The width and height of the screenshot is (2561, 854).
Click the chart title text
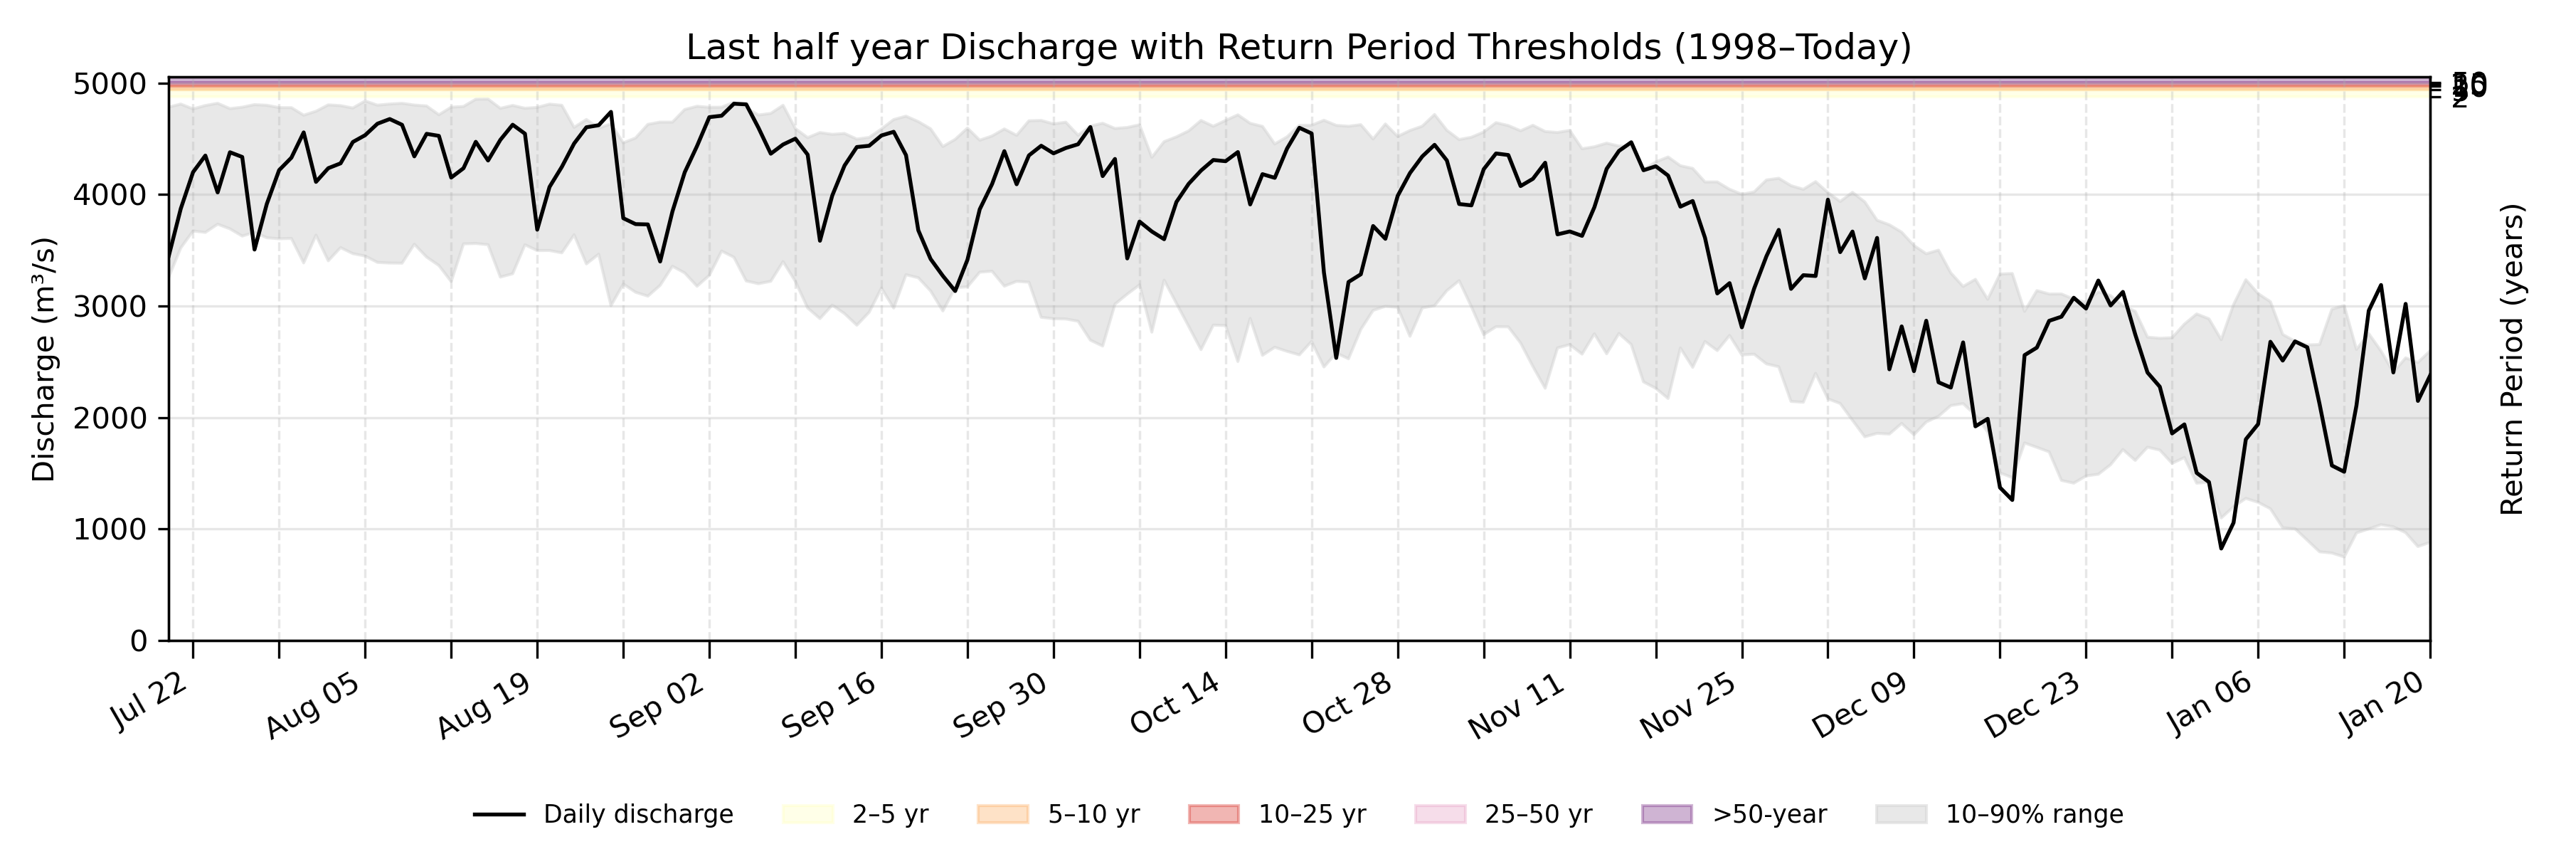point(1298,47)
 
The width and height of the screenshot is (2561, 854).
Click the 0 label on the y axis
point(138,641)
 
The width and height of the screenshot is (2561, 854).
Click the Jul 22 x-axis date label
point(151,703)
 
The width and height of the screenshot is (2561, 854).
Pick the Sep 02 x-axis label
point(657,705)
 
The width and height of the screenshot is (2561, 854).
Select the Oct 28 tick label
point(1347,705)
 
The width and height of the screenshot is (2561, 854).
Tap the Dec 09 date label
point(1859,705)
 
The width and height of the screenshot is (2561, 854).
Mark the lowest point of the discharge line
point(2221,548)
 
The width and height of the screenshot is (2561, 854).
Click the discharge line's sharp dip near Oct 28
point(1335,358)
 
